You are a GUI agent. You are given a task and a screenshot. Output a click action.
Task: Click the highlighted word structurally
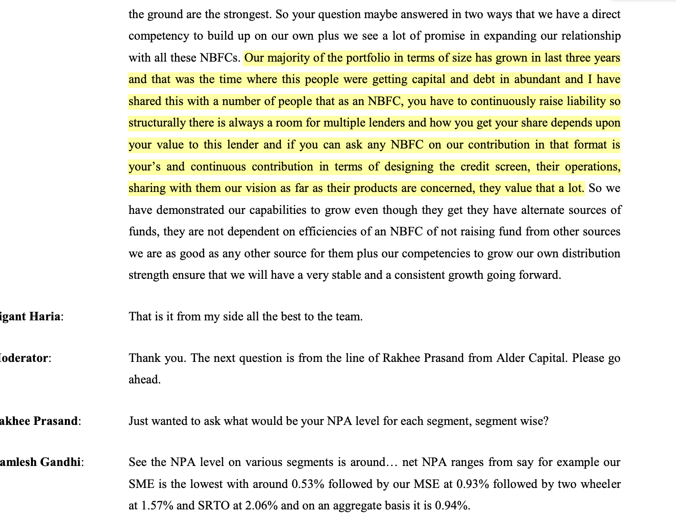click(x=157, y=123)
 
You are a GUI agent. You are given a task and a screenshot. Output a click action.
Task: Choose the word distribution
click(x=591, y=254)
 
